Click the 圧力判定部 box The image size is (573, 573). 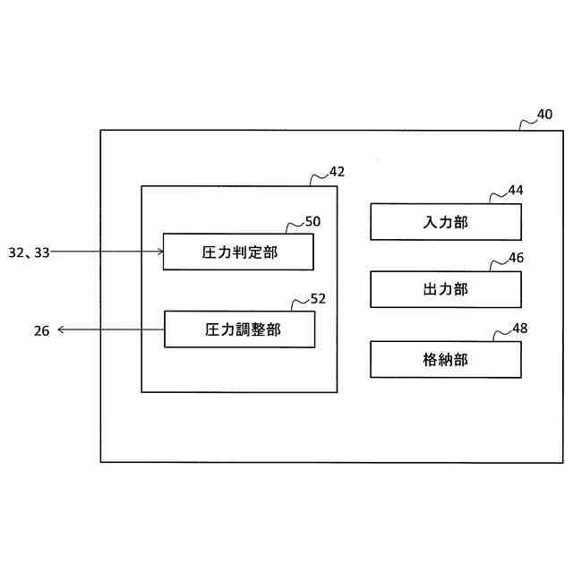tap(238, 252)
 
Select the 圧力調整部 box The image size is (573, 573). tap(239, 329)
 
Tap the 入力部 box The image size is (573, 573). tap(445, 222)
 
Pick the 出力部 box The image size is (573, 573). tap(445, 289)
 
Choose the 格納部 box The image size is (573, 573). tap(445, 360)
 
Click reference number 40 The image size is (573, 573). tap(544, 115)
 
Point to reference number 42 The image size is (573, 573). tap(337, 171)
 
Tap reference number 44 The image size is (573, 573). tap(516, 190)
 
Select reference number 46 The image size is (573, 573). tap(516, 258)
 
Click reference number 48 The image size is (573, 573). tap(519, 328)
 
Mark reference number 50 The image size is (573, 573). tap(312, 220)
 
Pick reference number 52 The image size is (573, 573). tap(318, 297)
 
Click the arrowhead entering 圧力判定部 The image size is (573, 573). tap(159, 252)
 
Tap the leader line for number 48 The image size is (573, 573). tap(500, 334)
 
